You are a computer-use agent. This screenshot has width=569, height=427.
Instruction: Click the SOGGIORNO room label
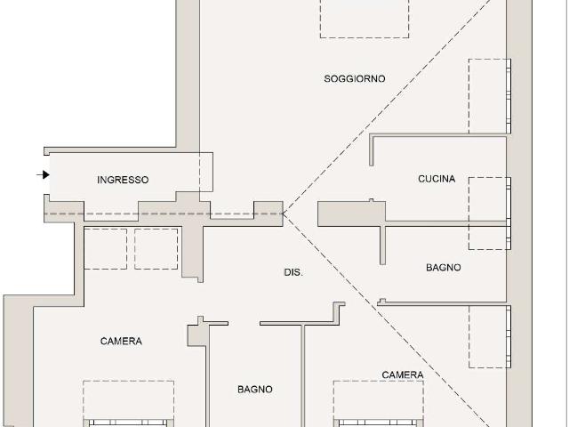point(355,79)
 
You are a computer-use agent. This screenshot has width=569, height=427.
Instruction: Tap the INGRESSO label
point(123,180)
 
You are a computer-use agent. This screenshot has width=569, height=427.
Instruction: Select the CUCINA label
point(437,179)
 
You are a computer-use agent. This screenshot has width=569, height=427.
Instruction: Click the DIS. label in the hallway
point(293,272)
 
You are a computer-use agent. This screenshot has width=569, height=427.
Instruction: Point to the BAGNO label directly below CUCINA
point(444,268)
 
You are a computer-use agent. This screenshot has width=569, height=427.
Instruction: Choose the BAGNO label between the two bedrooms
point(255,390)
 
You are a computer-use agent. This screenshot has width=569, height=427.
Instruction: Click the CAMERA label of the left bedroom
point(121,342)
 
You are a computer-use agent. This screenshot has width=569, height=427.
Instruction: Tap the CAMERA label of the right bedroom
point(403,375)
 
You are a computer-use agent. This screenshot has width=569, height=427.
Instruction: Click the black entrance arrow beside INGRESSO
point(44,174)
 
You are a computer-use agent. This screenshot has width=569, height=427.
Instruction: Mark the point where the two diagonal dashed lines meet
point(284,213)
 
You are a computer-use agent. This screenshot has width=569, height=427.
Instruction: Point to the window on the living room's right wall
point(509,96)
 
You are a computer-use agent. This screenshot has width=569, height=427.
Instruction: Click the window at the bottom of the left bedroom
point(128,423)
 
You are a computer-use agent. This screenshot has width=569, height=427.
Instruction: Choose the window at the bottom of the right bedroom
point(379,423)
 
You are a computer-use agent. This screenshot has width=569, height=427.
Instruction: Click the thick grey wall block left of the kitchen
point(351,213)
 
